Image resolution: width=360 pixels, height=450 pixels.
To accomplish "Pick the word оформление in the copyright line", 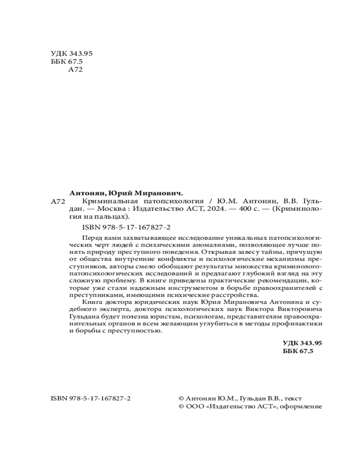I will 302,406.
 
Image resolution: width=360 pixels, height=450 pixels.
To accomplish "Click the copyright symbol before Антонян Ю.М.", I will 181,399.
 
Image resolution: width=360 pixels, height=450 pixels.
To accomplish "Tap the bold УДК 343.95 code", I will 302,343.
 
